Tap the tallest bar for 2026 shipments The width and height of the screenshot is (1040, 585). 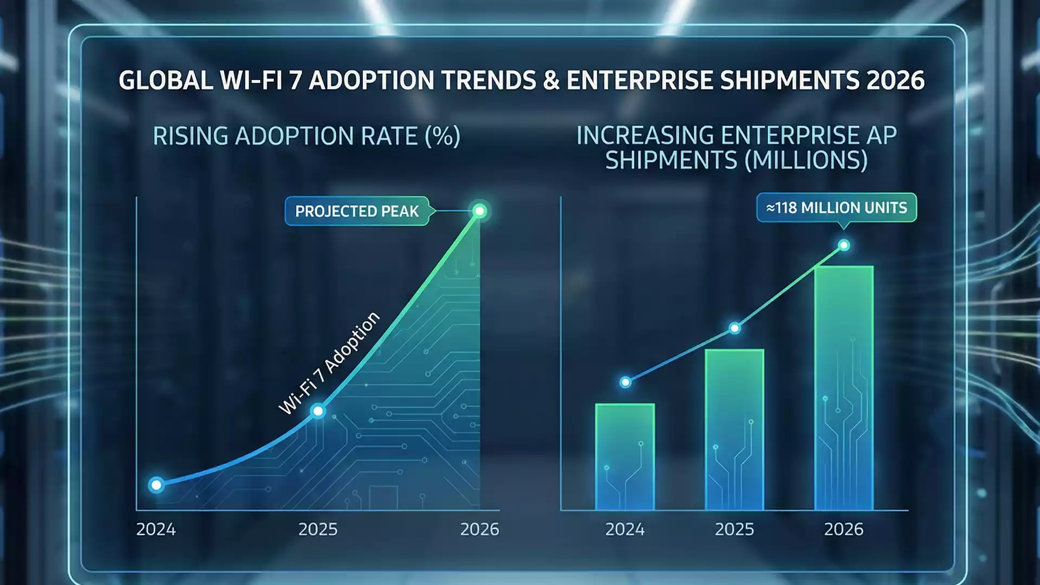(x=843, y=388)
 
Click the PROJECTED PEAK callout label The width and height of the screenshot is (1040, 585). (x=357, y=211)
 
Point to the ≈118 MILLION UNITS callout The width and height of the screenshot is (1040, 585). (x=836, y=207)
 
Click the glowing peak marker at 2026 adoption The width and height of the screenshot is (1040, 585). (x=479, y=211)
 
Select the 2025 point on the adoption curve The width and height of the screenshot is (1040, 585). (x=318, y=411)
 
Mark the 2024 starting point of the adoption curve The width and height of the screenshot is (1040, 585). (x=156, y=485)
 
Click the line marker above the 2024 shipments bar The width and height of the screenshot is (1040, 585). (x=625, y=382)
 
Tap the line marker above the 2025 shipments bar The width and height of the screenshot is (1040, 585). (x=734, y=328)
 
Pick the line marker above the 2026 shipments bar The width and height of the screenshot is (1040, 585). (x=844, y=245)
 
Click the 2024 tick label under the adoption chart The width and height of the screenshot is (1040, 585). (x=156, y=529)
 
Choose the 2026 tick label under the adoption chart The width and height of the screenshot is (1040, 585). (x=479, y=529)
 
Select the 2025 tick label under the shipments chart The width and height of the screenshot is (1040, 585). (x=734, y=529)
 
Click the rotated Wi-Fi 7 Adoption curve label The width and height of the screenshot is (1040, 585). (x=329, y=363)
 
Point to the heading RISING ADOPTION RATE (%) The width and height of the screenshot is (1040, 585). (x=307, y=136)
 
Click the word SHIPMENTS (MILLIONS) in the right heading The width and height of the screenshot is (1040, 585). (x=736, y=160)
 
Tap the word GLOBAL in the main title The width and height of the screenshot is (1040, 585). (x=166, y=81)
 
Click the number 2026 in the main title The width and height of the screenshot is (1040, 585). (x=895, y=81)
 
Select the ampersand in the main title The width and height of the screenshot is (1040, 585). (x=551, y=81)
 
